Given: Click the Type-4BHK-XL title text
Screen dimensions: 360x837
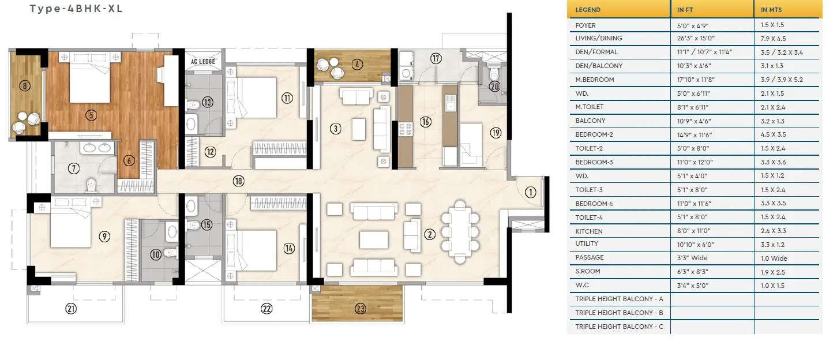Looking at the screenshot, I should coord(76,9).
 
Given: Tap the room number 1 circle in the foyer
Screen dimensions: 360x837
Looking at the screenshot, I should coord(531,193).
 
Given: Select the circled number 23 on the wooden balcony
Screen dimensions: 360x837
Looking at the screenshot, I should coord(361,309).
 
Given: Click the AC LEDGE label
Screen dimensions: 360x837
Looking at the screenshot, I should coord(202,59).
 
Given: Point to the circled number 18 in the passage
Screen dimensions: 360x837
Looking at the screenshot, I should coord(238,181).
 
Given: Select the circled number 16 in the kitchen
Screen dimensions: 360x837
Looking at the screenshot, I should coord(425,122).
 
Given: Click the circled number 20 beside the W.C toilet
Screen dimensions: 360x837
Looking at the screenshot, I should coord(494,87).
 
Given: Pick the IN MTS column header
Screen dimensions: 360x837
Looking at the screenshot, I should coord(772,10).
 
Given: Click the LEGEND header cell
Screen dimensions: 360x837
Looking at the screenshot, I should coord(588,10).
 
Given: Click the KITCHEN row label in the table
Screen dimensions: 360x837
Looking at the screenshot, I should coord(588,231).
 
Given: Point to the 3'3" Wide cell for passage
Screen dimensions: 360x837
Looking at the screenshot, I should coord(692,258).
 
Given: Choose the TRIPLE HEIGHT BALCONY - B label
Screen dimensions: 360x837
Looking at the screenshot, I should coord(619,313).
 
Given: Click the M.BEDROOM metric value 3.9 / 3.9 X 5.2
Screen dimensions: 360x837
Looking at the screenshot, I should coord(781,80).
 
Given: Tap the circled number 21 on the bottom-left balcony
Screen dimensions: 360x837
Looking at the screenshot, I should coord(71,309).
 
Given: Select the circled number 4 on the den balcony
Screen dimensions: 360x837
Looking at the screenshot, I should coord(359,64).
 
